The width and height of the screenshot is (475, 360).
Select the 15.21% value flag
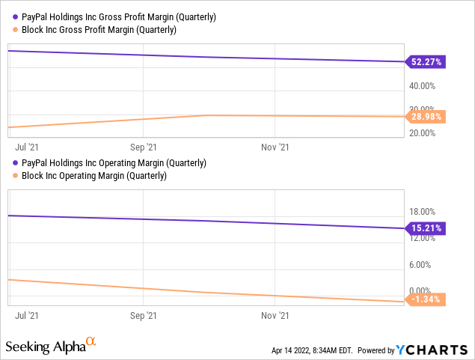(x=427, y=228)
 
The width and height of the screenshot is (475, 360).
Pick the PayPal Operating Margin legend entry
(x=114, y=163)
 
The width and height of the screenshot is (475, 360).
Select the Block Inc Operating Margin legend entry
(x=94, y=176)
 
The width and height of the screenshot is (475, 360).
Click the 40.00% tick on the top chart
(x=422, y=86)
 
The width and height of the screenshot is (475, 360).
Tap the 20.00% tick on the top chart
(x=422, y=133)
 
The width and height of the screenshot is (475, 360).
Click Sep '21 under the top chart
(x=144, y=148)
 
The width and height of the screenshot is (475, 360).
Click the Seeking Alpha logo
(x=51, y=346)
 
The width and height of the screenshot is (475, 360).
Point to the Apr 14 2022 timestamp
(x=313, y=350)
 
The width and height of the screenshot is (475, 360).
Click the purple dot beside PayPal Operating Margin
(x=14, y=163)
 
